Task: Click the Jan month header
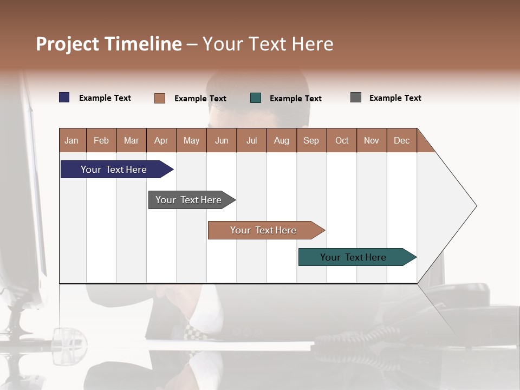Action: click(x=72, y=140)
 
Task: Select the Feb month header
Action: click(x=101, y=140)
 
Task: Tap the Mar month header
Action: click(x=131, y=140)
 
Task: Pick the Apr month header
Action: click(x=161, y=140)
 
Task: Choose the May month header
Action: click(x=191, y=140)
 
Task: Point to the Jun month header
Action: click(x=222, y=140)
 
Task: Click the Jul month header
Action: click(x=251, y=140)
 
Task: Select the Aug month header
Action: click(x=282, y=140)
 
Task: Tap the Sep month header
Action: click(x=311, y=140)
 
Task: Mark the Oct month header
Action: click(x=342, y=140)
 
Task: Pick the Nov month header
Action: click(x=372, y=140)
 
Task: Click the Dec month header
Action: click(x=401, y=140)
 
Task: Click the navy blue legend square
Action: click(x=64, y=97)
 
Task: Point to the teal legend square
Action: click(x=256, y=98)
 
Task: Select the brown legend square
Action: click(x=160, y=98)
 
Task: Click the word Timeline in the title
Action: click(x=144, y=44)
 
